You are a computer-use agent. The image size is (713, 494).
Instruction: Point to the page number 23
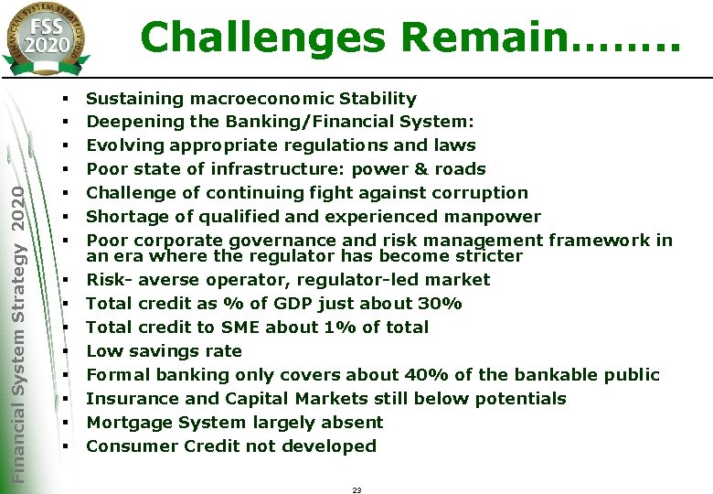(x=356, y=490)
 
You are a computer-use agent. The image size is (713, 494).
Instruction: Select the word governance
(x=303, y=241)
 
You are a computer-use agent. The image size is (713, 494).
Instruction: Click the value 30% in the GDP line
(x=442, y=303)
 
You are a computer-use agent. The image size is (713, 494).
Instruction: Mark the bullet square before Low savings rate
(x=68, y=351)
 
